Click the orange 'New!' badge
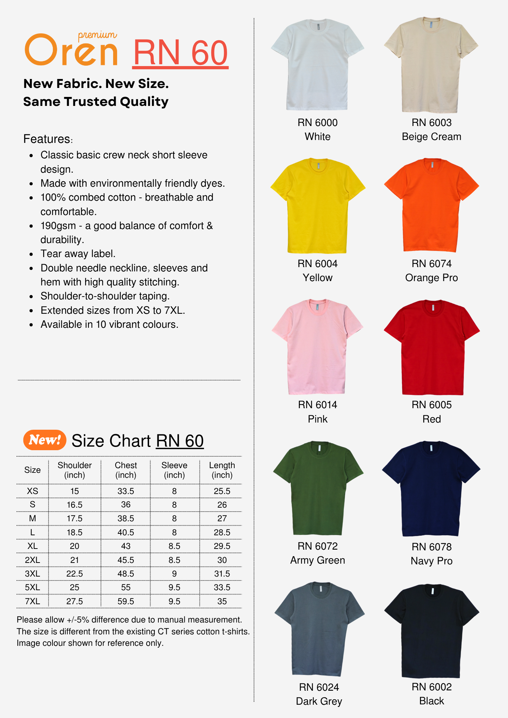tap(45, 440)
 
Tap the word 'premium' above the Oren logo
tap(97, 35)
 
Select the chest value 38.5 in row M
tap(126, 518)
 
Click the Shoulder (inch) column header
tap(74, 470)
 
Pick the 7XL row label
tap(32, 601)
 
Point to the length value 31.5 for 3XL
tap(222, 574)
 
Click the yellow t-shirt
tap(318, 208)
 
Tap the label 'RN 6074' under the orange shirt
tap(431, 264)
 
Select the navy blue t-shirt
tap(431, 492)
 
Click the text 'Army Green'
tap(318, 560)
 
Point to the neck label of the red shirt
tap(433, 308)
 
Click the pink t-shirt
tap(318, 348)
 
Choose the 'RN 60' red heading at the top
tap(180, 53)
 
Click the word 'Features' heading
tap(47, 139)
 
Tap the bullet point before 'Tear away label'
tap(32, 255)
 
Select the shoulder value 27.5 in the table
tap(74, 601)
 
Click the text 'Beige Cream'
tap(431, 137)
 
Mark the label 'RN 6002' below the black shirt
tap(431, 687)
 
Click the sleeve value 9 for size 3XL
tap(174, 574)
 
